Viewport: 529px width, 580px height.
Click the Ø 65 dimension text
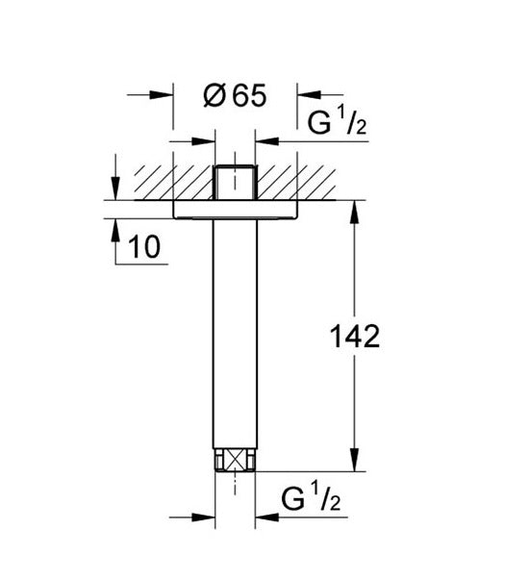234,96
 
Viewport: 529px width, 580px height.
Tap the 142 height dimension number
355,337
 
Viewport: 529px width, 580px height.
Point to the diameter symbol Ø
214,96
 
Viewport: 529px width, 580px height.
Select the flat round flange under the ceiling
235,210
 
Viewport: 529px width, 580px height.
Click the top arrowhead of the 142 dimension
355,209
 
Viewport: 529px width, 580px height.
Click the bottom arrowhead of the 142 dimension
355,465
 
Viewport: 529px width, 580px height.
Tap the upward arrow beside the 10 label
114,228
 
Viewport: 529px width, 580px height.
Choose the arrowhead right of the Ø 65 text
306,95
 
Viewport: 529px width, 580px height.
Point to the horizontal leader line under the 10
140,263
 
